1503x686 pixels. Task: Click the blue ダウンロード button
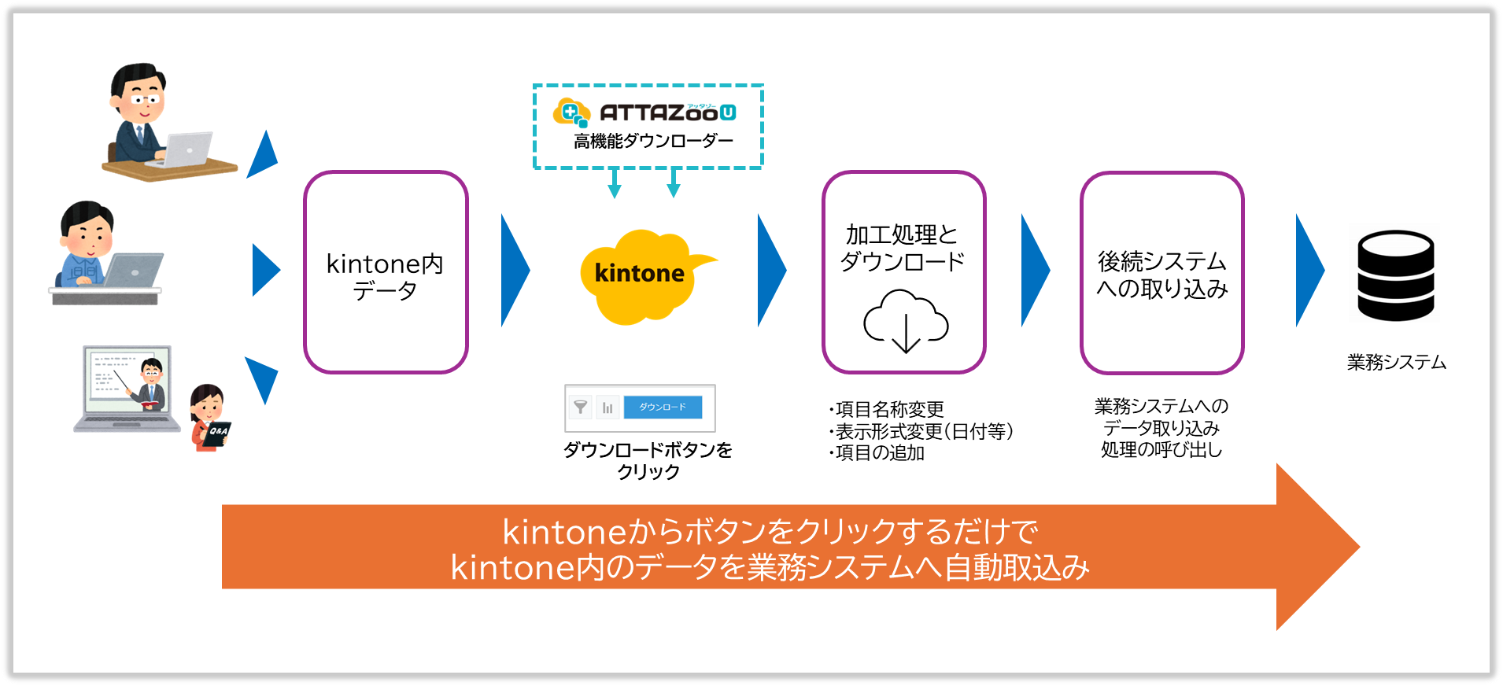click(x=662, y=408)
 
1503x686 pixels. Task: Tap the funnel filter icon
click(x=580, y=408)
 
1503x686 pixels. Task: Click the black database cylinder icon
click(x=1395, y=275)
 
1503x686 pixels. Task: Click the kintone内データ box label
click(x=385, y=277)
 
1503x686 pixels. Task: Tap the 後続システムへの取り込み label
click(x=1161, y=275)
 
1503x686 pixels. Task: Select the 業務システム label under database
click(x=1396, y=363)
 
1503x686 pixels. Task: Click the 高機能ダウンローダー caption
click(x=653, y=142)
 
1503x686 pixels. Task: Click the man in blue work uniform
click(x=87, y=248)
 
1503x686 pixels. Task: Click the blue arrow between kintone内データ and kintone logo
click(x=514, y=270)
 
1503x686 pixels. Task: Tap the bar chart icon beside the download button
click(x=607, y=408)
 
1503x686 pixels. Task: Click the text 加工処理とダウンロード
click(x=902, y=248)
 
